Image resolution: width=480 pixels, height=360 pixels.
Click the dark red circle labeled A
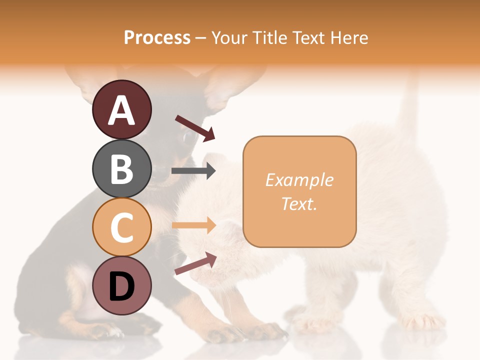click(x=121, y=109)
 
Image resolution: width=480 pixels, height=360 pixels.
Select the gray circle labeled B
click(x=121, y=168)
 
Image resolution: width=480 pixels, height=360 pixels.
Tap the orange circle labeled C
click(x=121, y=227)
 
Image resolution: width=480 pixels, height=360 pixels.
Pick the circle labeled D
click(x=121, y=285)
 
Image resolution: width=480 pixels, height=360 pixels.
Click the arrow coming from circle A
click(x=195, y=128)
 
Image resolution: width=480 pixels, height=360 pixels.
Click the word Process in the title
click(x=157, y=38)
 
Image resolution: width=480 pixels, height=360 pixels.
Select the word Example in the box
click(x=299, y=180)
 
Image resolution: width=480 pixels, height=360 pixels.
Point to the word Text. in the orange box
click(x=299, y=203)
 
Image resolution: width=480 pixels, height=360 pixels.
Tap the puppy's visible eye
click(x=188, y=136)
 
